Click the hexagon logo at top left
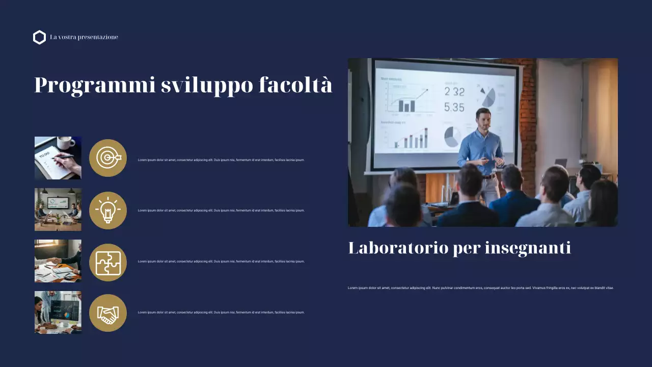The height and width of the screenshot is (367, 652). [x=39, y=37]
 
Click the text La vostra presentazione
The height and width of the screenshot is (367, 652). [x=84, y=37]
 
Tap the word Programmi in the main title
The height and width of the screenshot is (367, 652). [x=95, y=85]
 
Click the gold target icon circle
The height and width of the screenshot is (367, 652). [x=108, y=158]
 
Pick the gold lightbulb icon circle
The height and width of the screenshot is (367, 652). [x=108, y=211]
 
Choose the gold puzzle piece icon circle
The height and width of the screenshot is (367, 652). [x=108, y=263]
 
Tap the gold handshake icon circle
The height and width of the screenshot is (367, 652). [x=108, y=313]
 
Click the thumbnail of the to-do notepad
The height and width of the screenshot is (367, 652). [x=58, y=158]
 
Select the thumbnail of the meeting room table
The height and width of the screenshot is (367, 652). [x=58, y=209]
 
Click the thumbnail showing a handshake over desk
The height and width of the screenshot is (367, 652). [x=58, y=261]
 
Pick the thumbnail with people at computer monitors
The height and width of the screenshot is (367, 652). [x=58, y=312]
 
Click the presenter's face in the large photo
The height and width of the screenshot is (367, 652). [x=483, y=119]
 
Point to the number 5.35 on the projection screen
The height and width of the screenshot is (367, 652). [x=454, y=108]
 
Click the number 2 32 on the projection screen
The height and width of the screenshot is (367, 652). [x=454, y=92]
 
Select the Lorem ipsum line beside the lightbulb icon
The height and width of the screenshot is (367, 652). [x=221, y=211]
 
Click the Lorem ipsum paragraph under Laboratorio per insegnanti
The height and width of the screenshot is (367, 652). [x=480, y=288]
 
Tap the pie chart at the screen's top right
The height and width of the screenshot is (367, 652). [x=487, y=96]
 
